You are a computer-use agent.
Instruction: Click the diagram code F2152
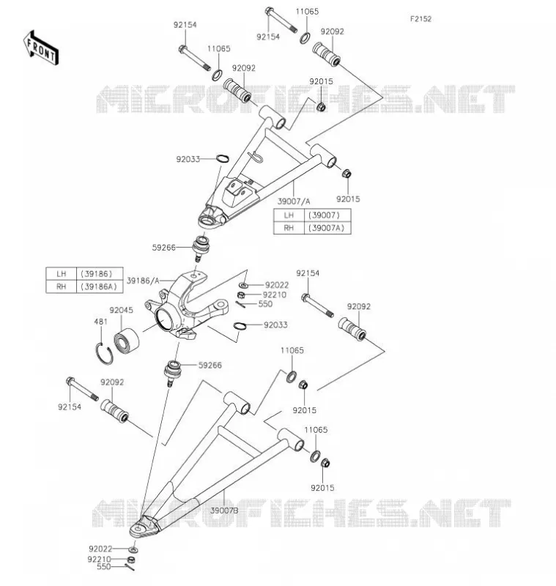pos(420,19)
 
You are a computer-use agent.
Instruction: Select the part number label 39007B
pos(224,510)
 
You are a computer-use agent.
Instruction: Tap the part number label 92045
pos(121,310)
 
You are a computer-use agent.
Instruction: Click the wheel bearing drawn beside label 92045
pos(126,341)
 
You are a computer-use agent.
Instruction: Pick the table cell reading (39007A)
pos(327,228)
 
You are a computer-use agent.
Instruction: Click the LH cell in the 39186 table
pos(62,274)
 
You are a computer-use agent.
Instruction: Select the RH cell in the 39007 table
pos(289,228)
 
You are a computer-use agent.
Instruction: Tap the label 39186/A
pos(143,281)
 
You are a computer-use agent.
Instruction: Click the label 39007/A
pos(294,201)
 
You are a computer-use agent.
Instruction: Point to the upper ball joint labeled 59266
pos(201,248)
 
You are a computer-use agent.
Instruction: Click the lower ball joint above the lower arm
pos(173,374)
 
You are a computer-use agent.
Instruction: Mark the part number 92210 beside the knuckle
pos(275,295)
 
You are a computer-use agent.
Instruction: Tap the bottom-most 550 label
pos(104,566)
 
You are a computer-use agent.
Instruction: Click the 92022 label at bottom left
pos(100,549)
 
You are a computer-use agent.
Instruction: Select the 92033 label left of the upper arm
pos(188,159)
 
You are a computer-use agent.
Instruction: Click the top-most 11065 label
pos(307,12)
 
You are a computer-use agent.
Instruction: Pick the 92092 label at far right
pos(359,306)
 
